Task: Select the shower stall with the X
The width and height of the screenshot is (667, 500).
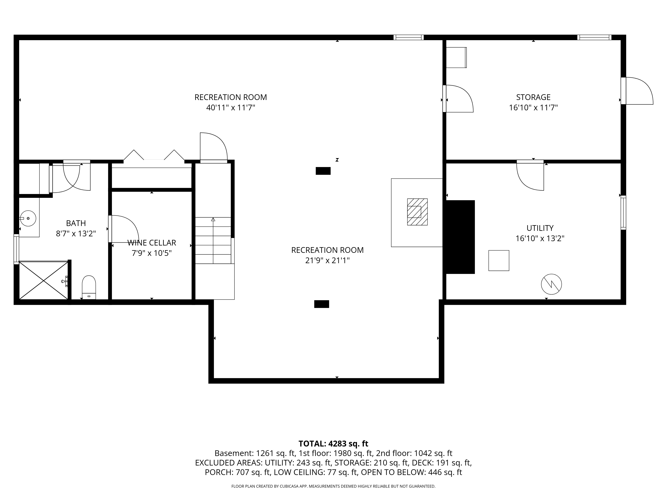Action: (44, 280)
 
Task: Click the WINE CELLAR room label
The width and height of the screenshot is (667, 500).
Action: (152, 243)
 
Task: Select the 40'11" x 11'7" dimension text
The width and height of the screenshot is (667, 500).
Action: (231, 108)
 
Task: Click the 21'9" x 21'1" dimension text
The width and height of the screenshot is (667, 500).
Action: (327, 260)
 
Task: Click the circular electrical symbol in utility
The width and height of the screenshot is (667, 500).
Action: (551, 284)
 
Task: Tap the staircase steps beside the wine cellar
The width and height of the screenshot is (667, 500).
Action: (213, 240)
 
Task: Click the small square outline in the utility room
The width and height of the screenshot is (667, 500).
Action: (499, 260)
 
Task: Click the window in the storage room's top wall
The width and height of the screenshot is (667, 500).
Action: (594, 37)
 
